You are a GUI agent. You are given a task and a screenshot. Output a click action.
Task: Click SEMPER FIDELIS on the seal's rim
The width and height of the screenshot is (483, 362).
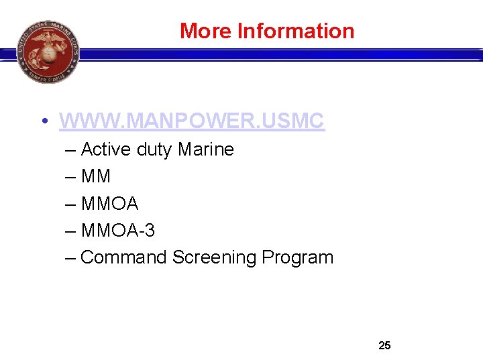[48, 76]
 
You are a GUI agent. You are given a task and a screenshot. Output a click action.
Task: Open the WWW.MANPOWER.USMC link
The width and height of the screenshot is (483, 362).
[192, 121]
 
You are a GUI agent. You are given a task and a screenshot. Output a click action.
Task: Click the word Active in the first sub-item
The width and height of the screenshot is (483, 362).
[106, 149]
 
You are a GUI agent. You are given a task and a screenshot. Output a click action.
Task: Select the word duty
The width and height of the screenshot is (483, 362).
[154, 149]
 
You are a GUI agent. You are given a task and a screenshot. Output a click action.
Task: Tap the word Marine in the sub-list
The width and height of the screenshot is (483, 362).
[206, 149]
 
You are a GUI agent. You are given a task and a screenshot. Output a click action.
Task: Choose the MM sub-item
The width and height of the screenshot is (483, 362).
[95, 176]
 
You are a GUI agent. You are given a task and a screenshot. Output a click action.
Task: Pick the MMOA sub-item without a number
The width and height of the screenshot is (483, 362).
[109, 203]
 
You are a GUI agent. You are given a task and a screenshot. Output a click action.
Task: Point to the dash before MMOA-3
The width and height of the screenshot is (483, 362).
[70, 231]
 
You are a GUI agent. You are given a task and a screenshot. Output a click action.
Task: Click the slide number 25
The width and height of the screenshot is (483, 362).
[384, 346]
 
